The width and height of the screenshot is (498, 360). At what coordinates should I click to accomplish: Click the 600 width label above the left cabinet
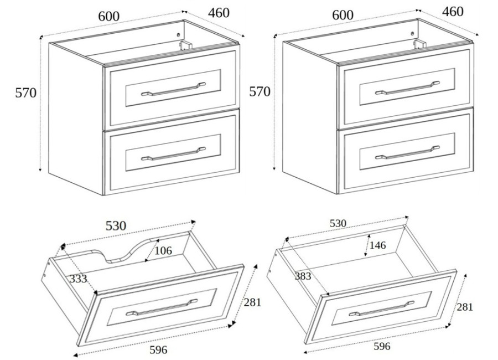pos(109,17)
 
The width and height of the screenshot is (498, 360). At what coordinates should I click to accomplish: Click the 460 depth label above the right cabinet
pos(453,12)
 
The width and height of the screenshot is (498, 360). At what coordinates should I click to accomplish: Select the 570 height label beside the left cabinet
pos(26,92)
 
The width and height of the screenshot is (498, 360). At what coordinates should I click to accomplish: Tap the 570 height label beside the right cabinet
pos(260,91)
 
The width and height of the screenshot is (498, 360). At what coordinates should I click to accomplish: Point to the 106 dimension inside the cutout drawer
pos(163,250)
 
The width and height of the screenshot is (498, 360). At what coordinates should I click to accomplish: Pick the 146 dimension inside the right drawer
pos(377,245)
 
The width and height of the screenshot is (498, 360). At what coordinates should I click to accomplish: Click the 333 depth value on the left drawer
pos(78,279)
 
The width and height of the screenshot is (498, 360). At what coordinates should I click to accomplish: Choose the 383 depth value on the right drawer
pos(303,276)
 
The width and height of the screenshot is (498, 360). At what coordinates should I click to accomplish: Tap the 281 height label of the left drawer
pos(252,302)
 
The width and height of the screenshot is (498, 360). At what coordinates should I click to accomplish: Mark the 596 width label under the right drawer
pos(382,346)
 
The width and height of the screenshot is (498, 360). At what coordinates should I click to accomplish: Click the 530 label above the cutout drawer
pos(116,226)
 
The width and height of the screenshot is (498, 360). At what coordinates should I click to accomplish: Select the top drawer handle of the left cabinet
pos(173,89)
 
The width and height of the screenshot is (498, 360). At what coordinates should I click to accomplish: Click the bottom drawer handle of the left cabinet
pos(173,153)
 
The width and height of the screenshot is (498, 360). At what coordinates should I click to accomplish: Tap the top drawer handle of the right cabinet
pos(407,88)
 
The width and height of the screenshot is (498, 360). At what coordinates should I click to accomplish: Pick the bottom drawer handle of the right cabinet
pos(407,152)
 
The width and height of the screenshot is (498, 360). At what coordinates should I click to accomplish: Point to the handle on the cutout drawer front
pos(162,307)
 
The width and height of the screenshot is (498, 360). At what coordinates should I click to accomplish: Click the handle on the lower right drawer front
pos(381,308)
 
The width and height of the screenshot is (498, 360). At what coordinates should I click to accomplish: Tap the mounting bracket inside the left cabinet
pos(185,45)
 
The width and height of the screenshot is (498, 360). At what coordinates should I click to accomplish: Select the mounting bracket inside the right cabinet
pos(419,44)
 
